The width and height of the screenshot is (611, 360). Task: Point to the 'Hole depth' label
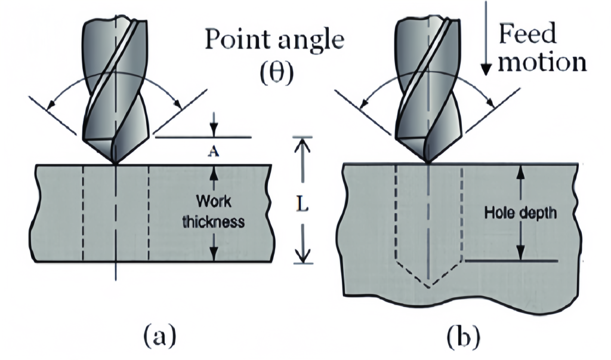(x=520, y=212)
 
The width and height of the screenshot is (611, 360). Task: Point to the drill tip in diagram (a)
(x=115, y=162)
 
